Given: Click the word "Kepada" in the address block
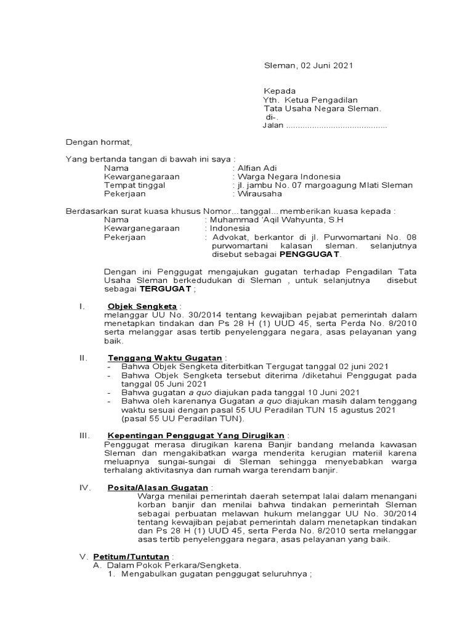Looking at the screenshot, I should [x=280, y=91].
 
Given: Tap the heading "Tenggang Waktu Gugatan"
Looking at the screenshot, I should [x=165, y=358].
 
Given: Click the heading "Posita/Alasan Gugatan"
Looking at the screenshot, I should [x=158, y=487].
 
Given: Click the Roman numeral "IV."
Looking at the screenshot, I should [x=86, y=487].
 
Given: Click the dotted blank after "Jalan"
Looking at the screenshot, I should [x=337, y=126].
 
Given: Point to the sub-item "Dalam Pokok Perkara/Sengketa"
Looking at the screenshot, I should [x=174, y=566].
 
